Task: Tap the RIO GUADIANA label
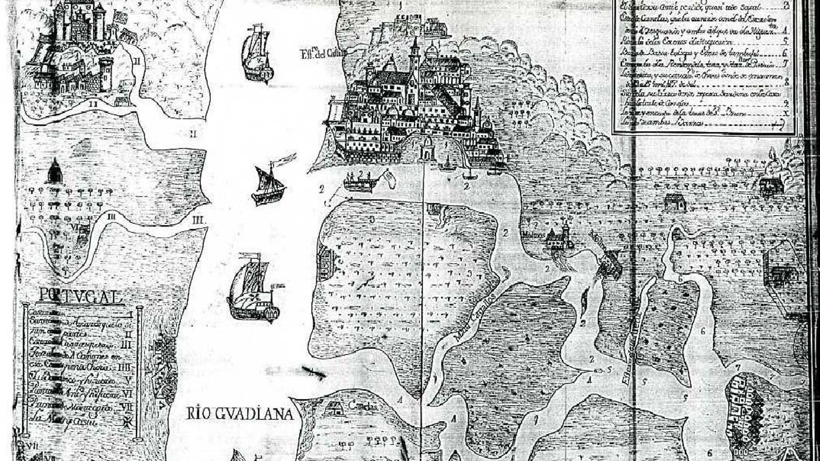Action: (x=240, y=413)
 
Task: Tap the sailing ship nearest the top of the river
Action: (x=257, y=54)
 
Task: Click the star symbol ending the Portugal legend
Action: (x=126, y=422)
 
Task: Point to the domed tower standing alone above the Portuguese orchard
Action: (x=55, y=171)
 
